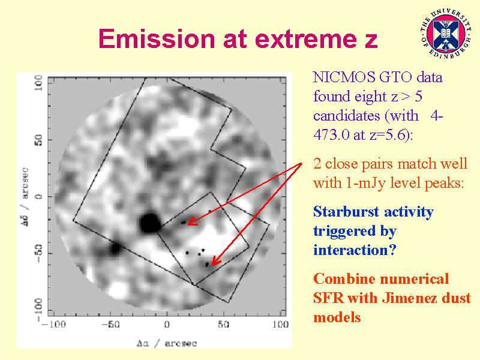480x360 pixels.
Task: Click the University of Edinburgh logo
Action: pos(446,34)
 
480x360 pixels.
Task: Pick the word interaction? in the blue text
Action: pos(355,250)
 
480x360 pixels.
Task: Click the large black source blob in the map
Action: pos(149,223)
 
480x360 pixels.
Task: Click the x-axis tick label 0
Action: pos(167,325)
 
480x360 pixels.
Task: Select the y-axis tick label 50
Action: pos(38,140)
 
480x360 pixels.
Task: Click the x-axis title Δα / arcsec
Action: pos(167,343)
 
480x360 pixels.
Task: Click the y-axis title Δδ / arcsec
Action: pos(25,197)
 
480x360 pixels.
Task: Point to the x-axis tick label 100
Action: pos(280,325)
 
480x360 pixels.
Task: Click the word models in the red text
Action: pos(337,317)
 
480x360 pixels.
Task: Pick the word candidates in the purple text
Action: pos(347,116)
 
